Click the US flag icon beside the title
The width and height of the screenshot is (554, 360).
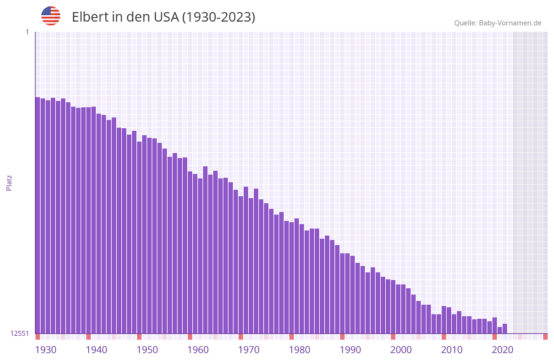pos(51,16)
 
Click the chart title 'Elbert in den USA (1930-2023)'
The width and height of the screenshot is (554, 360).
pos(163,17)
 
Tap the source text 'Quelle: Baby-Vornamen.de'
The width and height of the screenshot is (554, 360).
pos(498,23)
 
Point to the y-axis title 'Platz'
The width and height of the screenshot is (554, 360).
pos(9,182)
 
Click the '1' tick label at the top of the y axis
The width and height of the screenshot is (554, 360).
pos(27,32)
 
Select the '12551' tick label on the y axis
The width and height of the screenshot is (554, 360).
pos(20,333)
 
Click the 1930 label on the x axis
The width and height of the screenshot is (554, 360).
pos(46,350)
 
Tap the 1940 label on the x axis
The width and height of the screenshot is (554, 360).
pos(96,350)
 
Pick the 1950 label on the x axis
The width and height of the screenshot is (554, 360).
pos(147,350)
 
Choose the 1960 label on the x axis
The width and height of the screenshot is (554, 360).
pos(198,350)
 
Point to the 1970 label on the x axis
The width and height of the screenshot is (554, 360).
pos(249,350)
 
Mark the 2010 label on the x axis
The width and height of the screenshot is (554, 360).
pos(452,350)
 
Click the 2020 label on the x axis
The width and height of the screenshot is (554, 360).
pos(503,350)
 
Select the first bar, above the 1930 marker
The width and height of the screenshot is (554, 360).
pos(37,216)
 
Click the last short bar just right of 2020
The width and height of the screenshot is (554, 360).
pos(505,329)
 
